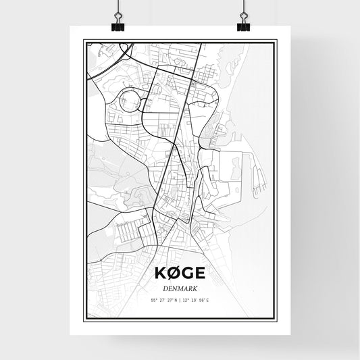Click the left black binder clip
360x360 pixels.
pos(118,26)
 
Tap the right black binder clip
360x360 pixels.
pos(242,26)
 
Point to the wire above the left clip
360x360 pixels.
pos(118,8)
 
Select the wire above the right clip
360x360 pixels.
pos(242,8)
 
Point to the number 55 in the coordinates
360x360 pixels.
pos(154,299)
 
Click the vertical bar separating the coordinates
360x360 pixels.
pos(180,299)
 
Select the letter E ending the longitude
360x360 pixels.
pos(207,299)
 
